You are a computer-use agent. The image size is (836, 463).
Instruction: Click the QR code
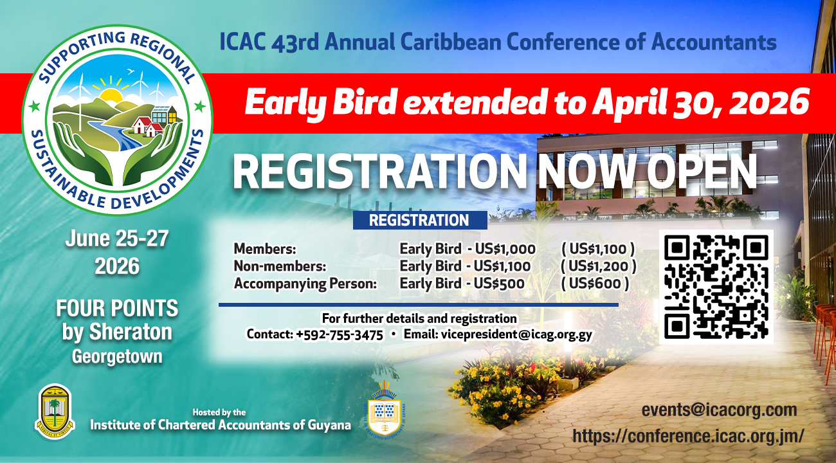(x=717, y=287)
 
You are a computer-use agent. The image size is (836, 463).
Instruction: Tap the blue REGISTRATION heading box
(x=419, y=221)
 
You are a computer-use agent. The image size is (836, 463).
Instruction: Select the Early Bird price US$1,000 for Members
(x=505, y=249)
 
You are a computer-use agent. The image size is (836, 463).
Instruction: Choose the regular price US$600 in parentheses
(x=595, y=283)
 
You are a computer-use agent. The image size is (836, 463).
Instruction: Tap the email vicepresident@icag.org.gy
(x=498, y=334)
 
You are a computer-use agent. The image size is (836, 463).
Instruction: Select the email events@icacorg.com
(x=719, y=410)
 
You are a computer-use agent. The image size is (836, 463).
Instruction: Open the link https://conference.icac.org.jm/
(x=688, y=435)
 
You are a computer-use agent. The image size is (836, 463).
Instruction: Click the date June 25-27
(x=116, y=239)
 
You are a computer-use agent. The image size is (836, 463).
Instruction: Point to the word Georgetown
(x=116, y=356)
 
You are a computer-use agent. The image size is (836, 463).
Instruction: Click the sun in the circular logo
(x=111, y=97)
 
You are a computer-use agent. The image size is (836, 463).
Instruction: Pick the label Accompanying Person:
(x=305, y=283)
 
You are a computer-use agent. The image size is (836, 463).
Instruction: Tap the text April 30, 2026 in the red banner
(x=700, y=103)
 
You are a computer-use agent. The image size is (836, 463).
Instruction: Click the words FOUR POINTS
(x=116, y=309)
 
